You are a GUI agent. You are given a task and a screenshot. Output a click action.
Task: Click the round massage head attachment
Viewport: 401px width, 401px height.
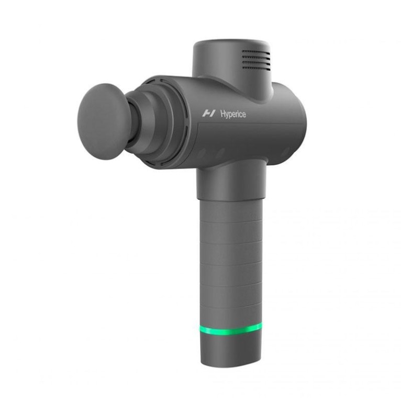pos(102,121)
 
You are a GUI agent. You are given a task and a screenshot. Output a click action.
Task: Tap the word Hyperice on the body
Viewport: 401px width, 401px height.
pos(233,114)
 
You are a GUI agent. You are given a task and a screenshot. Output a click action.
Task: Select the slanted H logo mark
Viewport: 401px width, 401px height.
pos(209,113)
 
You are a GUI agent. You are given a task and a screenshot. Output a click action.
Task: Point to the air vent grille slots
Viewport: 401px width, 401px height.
pos(256,60)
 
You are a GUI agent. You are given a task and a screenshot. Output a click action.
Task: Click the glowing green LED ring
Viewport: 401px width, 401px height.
pos(231,330)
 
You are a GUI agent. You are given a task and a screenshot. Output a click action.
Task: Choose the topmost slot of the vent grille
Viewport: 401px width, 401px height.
pos(256,51)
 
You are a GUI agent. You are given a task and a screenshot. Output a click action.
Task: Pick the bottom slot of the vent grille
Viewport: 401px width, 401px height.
pos(256,68)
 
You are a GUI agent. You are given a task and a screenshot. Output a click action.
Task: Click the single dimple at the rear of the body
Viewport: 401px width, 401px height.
pos(286,152)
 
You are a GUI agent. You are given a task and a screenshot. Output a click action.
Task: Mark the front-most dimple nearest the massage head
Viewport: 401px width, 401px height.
pos(202,154)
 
